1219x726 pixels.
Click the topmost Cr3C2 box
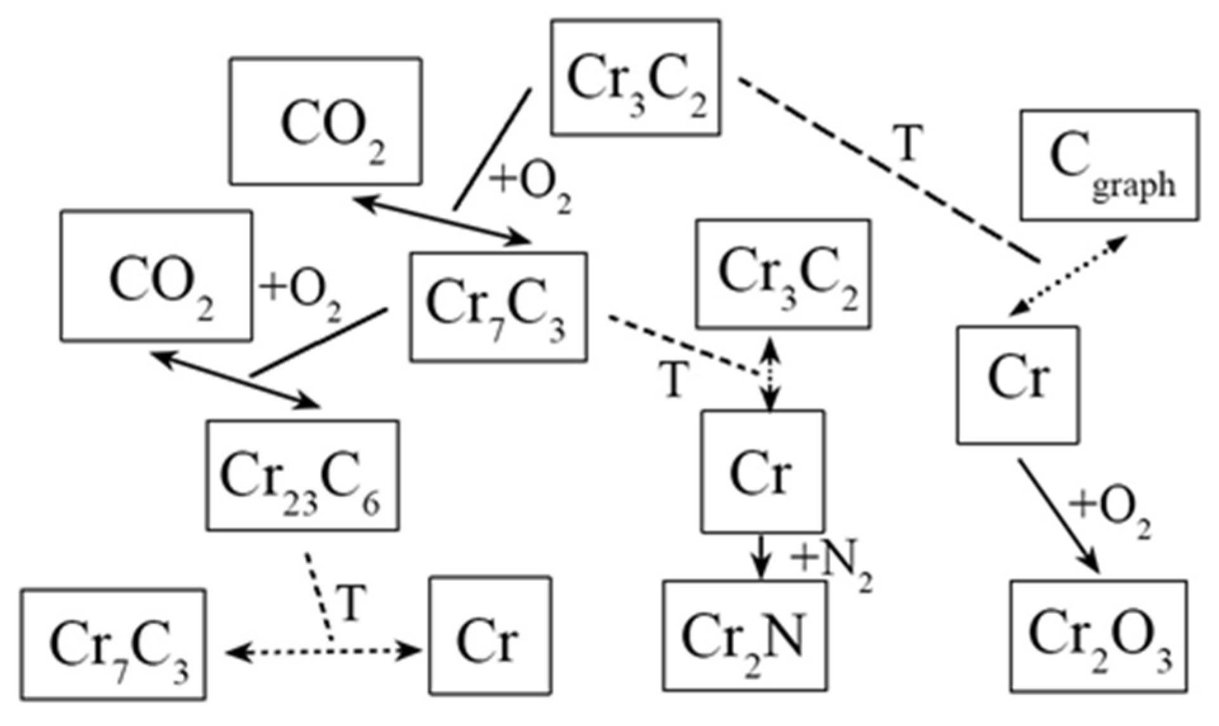pyautogui.click(x=636, y=77)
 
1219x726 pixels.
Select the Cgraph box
pyautogui.click(x=1109, y=165)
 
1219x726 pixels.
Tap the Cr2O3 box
pyautogui.click(x=1098, y=636)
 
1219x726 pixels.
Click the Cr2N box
pyautogui.click(x=745, y=636)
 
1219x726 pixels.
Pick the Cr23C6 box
pyautogui.click(x=303, y=476)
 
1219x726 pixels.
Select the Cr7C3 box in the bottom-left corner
pyautogui.click(x=113, y=645)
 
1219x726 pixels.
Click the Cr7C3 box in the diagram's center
pyautogui.click(x=499, y=308)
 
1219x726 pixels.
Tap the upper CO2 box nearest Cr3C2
pyautogui.click(x=325, y=122)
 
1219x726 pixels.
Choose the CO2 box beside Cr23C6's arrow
pyautogui.click(x=156, y=276)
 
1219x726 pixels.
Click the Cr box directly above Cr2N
pyautogui.click(x=762, y=472)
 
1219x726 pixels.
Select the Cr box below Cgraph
pyautogui.click(x=1017, y=385)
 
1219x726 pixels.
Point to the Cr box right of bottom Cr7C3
pyautogui.click(x=490, y=636)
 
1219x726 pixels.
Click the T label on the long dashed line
pyautogui.click(x=908, y=144)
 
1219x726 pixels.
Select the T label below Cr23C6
pyautogui.click(x=353, y=602)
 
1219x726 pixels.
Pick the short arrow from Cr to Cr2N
pyautogui.click(x=761, y=557)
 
